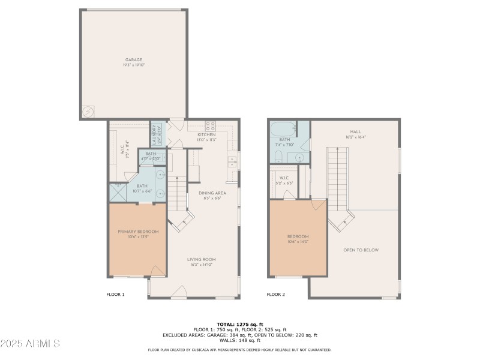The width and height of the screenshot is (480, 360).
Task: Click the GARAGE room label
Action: tap(134, 60)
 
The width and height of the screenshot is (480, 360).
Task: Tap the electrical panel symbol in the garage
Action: tap(88, 112)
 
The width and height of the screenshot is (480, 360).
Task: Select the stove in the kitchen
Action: tap(211, 127)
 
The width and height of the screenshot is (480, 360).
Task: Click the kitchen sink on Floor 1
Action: tap(232, 161)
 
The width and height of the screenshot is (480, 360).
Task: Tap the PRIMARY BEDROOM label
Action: tap(138, 232)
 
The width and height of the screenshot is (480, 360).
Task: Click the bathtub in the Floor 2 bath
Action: tap(283, 129)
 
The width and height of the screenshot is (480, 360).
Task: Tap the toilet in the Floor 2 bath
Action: tap(278, 157)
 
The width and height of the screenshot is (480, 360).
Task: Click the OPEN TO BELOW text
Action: tap(361, 250)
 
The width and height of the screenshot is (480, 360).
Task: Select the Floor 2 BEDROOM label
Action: tap(298, 236)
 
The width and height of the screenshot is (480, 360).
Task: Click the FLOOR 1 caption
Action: tap(115, 295)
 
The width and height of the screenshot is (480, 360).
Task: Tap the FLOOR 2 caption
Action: tap(276, 295)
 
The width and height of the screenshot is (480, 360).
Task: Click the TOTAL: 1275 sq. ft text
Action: tap(240, 324)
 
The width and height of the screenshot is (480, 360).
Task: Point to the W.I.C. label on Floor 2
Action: tap(283, 177)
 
